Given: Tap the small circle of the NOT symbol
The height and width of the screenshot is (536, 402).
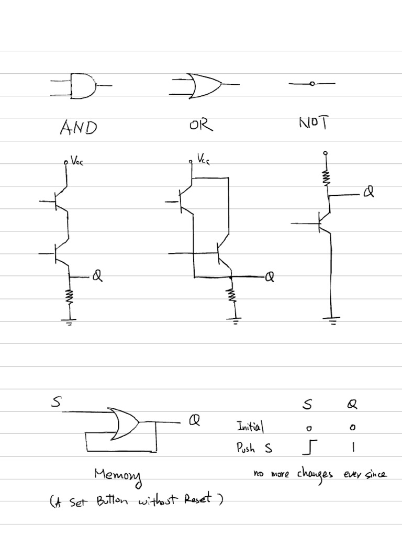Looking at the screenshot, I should [312, 84].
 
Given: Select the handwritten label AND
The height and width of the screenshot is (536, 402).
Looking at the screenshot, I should [79, 127].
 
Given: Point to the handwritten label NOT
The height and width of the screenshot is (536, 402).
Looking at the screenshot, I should [314, 123].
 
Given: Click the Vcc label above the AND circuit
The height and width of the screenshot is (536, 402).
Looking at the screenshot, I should [76, 162].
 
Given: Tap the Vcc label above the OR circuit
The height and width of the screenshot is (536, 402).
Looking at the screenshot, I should [204, 158].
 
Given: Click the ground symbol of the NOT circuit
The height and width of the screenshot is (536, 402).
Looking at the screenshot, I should [331, 321].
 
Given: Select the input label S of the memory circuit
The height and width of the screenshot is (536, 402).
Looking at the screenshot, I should [56, 403].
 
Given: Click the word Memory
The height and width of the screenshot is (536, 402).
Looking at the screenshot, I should [118, 475].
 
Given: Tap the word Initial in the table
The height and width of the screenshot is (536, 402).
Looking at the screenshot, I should [250, 427].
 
